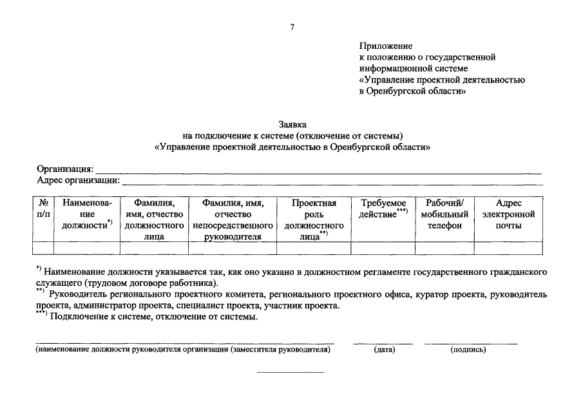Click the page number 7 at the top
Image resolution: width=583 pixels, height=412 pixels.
292,26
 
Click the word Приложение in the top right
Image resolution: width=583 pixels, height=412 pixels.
385,46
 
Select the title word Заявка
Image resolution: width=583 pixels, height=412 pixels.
292,124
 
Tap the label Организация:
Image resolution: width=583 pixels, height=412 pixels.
65,169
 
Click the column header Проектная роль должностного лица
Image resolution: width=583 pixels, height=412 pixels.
314,220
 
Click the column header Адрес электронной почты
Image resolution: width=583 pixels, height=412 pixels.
508,214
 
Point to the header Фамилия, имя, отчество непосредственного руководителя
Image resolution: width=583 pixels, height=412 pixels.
233,220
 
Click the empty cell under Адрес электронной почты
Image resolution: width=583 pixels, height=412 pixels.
508,248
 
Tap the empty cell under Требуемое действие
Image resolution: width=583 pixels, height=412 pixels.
383,248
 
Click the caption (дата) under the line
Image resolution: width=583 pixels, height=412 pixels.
384,350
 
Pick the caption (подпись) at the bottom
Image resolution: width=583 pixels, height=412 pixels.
468,350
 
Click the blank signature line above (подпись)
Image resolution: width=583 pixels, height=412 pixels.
471,344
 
